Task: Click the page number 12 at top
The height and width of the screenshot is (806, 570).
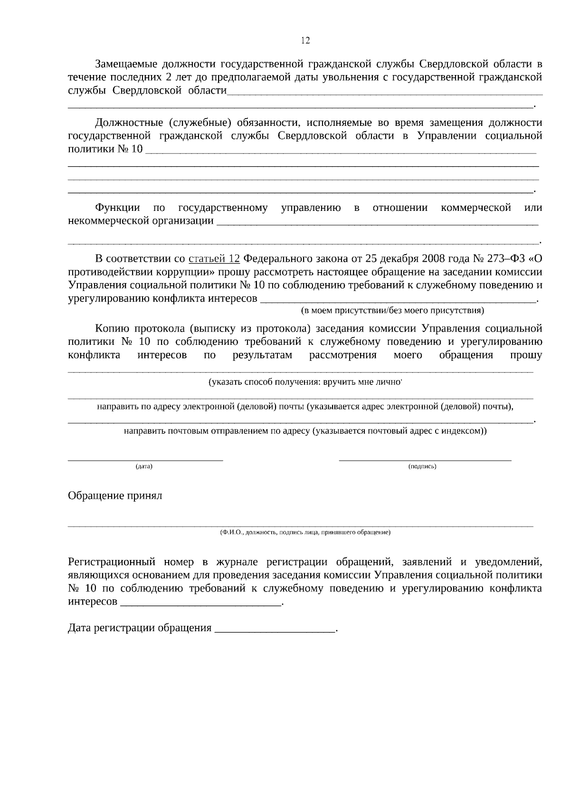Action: point(305,41)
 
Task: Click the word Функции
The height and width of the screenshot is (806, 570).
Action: point(117,208)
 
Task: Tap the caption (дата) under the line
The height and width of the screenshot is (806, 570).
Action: point(144,466)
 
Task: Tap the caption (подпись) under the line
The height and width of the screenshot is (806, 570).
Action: point(422,466)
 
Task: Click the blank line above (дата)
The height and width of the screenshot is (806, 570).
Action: point(145,459)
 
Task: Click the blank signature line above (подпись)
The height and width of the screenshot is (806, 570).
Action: point(425,459)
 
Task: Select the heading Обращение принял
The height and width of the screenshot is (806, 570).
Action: point(115,496)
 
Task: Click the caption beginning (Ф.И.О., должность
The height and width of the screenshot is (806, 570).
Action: point(305,532)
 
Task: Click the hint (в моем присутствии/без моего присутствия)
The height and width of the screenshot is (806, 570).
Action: point(392,311)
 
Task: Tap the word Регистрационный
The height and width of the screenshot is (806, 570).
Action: point(112,562)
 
